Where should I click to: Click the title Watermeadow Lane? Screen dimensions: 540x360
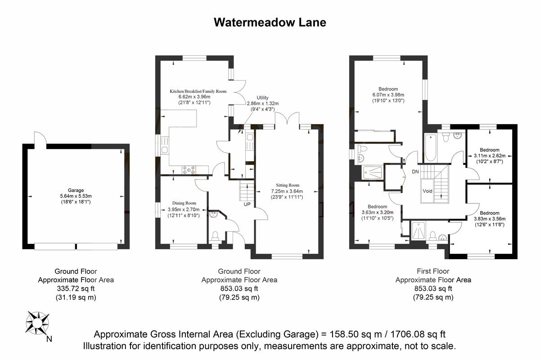[270, 22]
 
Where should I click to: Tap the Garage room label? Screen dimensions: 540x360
[76, 190]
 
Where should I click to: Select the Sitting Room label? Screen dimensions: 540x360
[288, 185]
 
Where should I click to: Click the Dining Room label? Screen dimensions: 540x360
[184, 203]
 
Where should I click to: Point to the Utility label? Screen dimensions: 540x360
[262, 98]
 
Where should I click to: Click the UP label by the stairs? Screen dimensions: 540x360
[247, 204]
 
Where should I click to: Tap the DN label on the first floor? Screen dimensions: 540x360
[415, 172]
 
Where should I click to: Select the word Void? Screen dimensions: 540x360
[427, 191]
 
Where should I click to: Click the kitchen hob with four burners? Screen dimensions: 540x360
[189, 170]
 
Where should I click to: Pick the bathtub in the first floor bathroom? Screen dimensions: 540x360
[431, 148]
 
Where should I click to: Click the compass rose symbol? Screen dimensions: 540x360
[37, 323]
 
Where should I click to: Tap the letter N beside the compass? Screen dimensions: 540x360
[49, 339]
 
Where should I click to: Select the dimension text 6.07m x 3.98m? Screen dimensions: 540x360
[388, 95]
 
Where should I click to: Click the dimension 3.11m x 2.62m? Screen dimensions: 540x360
[490, 156]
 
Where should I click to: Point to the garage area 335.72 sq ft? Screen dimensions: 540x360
[76, 288]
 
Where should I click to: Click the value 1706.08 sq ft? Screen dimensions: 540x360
[418, 334]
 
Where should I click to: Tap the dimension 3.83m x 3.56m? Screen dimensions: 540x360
[490, 219]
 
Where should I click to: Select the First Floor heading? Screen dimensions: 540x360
[433, 271]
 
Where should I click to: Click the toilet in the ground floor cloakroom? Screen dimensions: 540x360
[215, 236]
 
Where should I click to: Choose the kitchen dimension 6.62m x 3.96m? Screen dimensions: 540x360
[194, 97]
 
